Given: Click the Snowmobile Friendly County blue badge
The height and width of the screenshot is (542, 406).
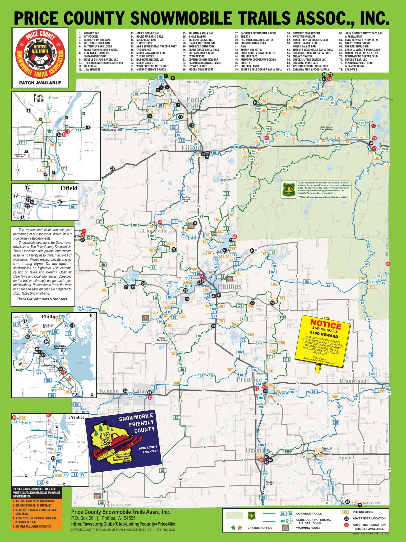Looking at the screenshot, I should (124, 441).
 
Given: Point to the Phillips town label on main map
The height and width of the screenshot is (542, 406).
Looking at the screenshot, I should (229, 286).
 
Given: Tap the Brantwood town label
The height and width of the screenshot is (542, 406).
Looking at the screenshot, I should (353, 381).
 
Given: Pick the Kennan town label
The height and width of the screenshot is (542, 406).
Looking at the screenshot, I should (109, 391).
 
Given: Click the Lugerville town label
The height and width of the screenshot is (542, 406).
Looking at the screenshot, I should (155, 231).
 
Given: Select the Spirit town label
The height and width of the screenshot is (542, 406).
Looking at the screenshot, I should (345, 458).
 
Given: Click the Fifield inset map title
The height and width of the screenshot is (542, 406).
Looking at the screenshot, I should (69, 188).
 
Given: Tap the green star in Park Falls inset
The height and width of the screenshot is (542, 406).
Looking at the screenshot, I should (49, 131).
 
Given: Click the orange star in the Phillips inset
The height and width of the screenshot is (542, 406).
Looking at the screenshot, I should (70, 379).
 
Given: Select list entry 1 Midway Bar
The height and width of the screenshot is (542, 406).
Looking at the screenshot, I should (91, 33).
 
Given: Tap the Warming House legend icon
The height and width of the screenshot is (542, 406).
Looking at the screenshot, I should (285, 528).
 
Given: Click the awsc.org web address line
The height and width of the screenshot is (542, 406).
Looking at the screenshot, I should (123, 524).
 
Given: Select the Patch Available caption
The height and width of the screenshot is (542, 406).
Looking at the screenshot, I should (40, 83).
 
